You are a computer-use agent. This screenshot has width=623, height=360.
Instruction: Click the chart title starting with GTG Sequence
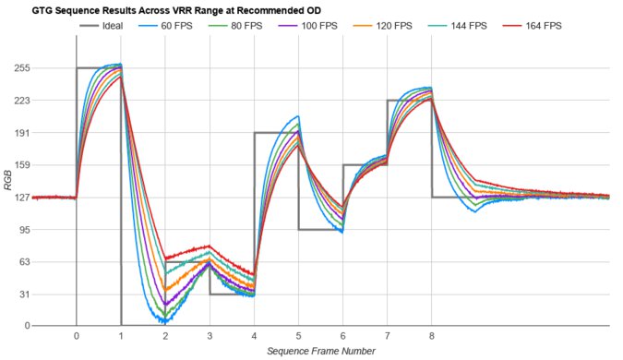point(162,10)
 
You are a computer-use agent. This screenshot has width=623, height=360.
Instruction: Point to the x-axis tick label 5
point(298,336)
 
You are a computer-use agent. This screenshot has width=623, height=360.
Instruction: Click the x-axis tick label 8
point(432,336)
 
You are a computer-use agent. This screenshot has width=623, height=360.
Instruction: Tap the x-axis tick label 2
point(165,336)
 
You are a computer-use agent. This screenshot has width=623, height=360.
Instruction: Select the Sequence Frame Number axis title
point(320,351)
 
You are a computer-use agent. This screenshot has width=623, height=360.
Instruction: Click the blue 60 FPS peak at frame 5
point(297,116)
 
